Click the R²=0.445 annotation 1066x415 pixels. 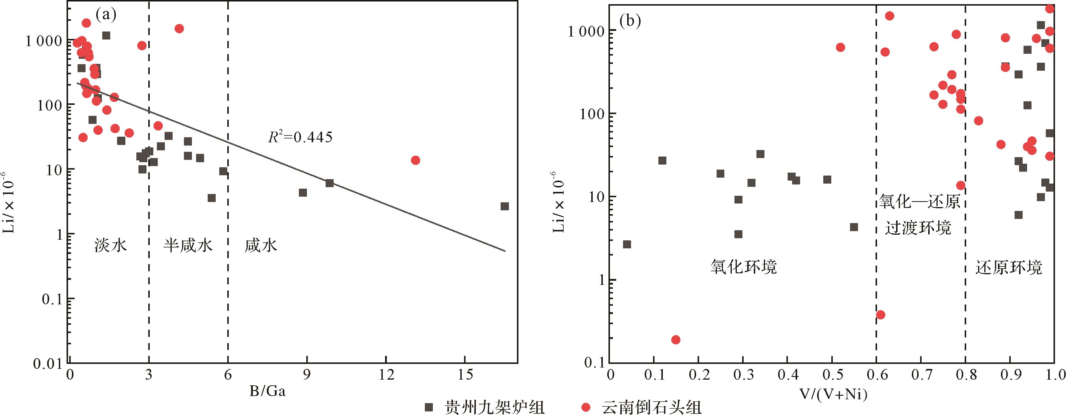tap(300, 137)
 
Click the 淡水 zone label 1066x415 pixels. tap(111, 245)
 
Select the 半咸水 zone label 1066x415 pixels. tap(188, 245)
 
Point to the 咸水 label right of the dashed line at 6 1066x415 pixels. tap(260, 245)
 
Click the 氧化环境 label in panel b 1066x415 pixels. tap(744, 267)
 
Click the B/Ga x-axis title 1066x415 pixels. tap(267, 391)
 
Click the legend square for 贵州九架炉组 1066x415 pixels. tap(429, 408)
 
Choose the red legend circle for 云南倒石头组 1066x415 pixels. tap(586, 408)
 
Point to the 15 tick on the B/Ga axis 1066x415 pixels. tap(465, 375)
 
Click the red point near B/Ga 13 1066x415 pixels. tap(415, 160)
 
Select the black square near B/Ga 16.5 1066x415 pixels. tap(504, 206)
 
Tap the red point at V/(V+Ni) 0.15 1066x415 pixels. tap(676, 340)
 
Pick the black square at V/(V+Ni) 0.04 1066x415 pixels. tap(627, 244)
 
